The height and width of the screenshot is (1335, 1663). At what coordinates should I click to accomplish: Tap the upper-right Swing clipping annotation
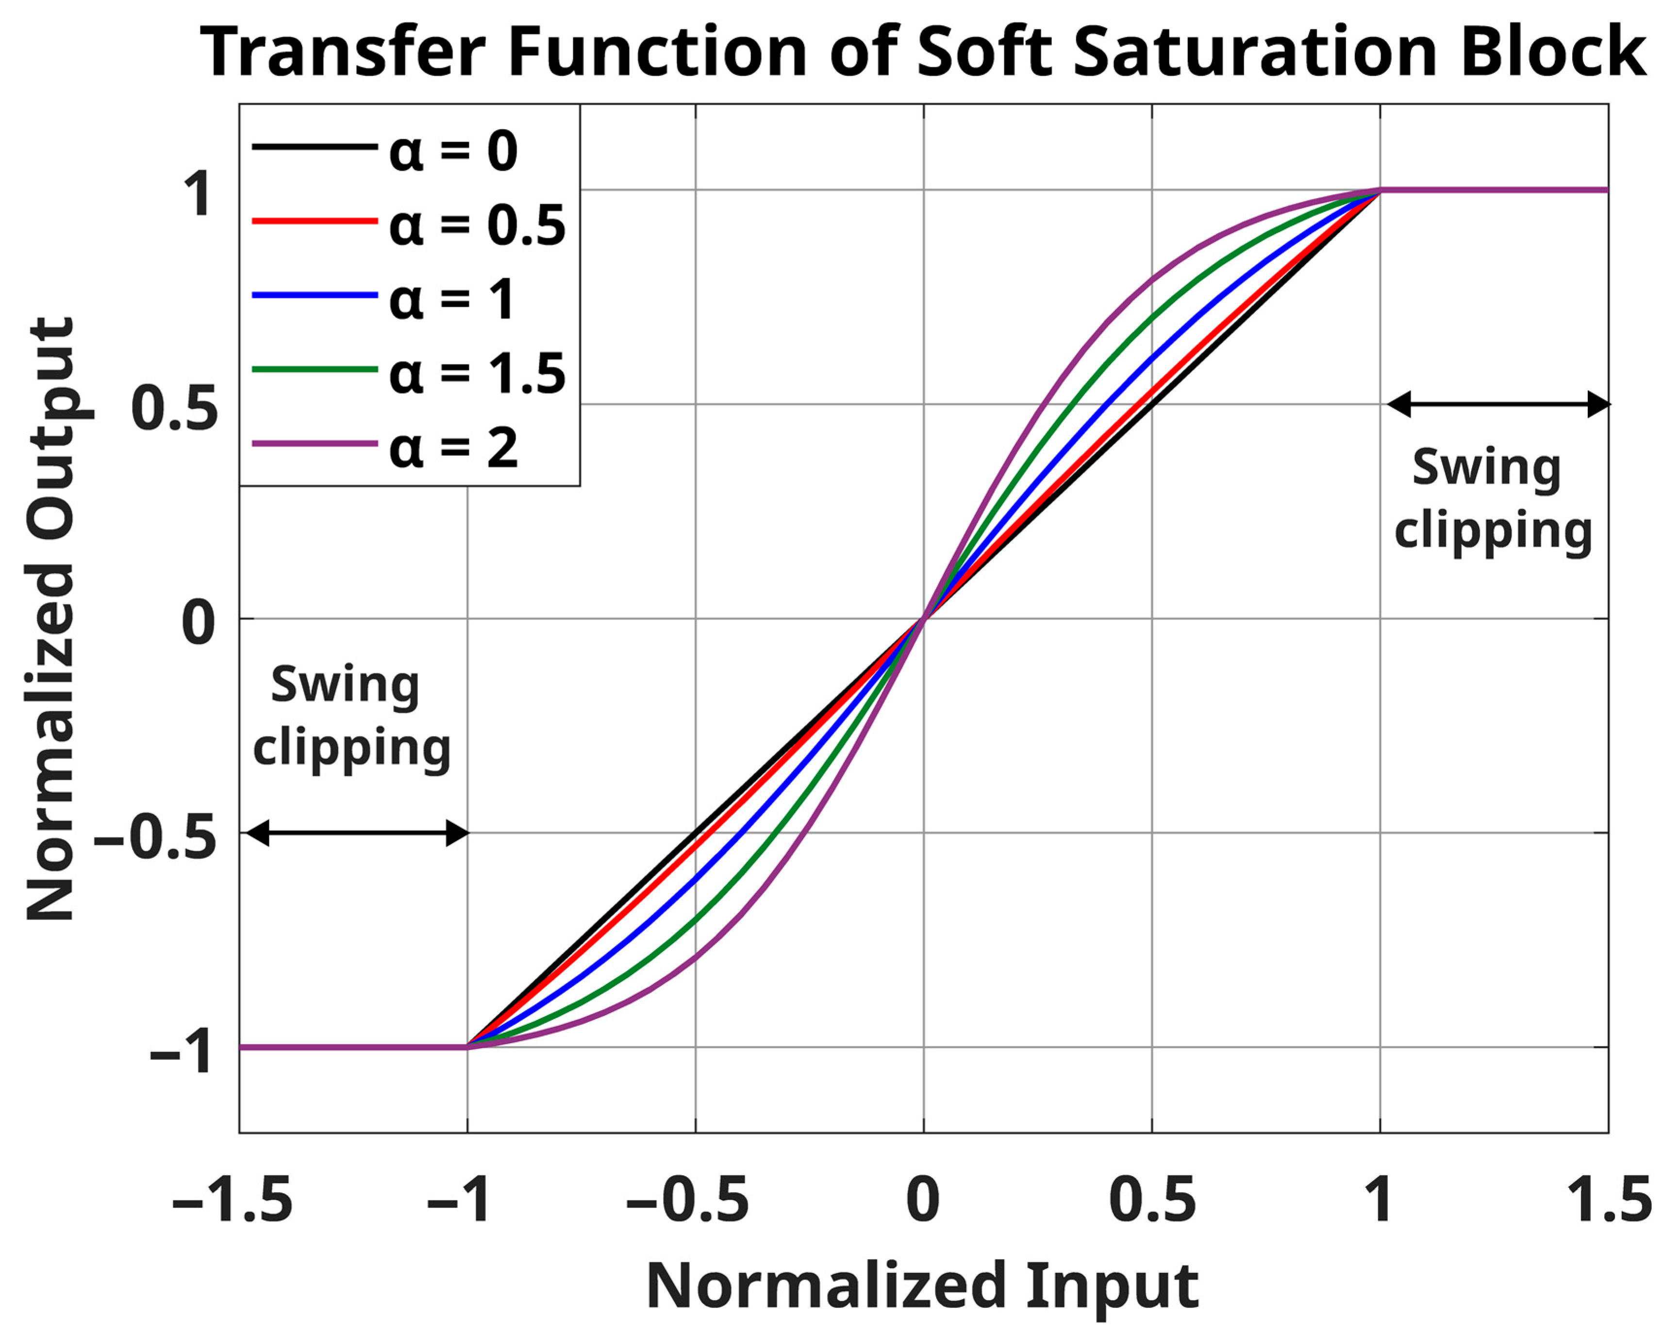click(1493, 500)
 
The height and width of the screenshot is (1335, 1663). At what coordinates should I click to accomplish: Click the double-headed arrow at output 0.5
click(1498, 404)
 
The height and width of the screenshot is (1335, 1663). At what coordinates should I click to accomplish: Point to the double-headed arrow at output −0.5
click(356, 833)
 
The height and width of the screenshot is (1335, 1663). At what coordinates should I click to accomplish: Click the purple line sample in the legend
click(315, 444)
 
